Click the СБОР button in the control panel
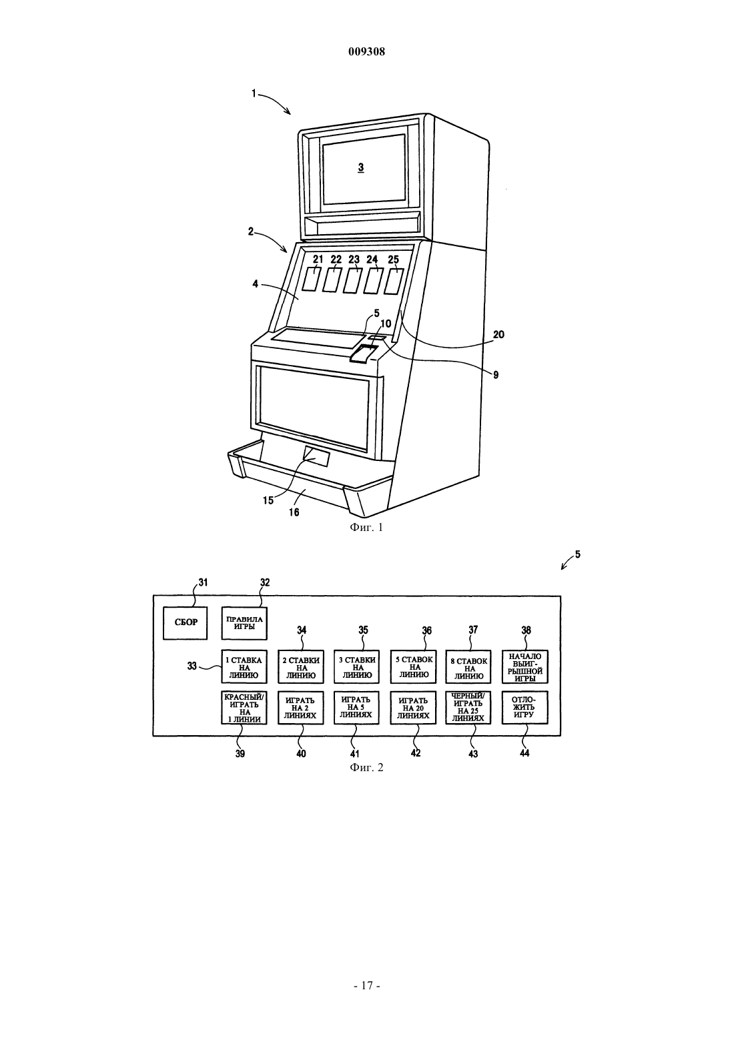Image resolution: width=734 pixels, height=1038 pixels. [x=185, y=622]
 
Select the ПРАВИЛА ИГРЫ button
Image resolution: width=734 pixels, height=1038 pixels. [x=244, y=623]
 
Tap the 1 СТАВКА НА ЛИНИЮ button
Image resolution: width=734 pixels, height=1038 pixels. [x=244, y=666]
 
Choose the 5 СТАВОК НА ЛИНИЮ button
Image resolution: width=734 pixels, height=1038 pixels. [x=413, y=666]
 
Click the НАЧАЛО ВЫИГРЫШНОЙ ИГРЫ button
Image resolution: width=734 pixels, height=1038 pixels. [x=525, y=666]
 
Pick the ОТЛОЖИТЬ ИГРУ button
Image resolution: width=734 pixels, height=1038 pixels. [x=525, y=707]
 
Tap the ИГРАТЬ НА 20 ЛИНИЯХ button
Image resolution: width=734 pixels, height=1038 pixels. [x=413, y=707]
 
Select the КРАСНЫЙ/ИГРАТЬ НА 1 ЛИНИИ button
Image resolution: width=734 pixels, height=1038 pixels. [x=244, y=707]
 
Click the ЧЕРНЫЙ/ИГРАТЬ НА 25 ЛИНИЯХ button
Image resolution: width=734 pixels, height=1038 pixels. [x=469, y=707]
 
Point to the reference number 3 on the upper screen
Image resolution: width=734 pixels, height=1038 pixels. [x=361, y=167]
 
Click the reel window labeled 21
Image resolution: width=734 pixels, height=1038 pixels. [x=312, y=279]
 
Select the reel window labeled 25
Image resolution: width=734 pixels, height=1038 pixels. [x=394, y=281]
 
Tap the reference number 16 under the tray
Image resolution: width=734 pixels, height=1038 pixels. [x=294, y=512]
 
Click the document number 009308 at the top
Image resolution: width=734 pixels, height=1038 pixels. [x=366, y=51]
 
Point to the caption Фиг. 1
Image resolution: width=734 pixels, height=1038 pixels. [x=366, y=528]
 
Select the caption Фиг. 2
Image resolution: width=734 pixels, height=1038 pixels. [x=366, y=767]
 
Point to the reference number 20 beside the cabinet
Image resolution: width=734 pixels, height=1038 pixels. [x=498, y=334]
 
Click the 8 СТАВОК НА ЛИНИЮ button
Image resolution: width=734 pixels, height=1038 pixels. [x=469, y=666]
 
